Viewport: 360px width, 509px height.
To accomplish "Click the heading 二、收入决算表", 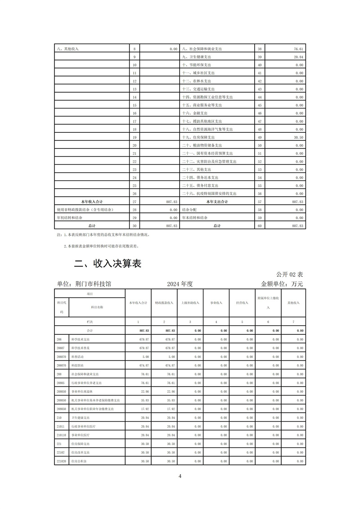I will pyautogui.click(x=108, y=264).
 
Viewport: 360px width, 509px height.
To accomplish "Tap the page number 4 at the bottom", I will pyautogui.click(x=180, y=476).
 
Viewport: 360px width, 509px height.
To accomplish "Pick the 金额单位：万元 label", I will pyautogui.click(x=282, y=284).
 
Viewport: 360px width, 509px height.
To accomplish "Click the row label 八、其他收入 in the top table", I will pyautogui.click(x=68, y=49).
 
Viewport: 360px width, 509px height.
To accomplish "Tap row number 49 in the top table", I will pyautogui.click(x=259, y=137).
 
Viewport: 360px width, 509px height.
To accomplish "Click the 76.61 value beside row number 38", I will pyautogui.click(x=298, y=49).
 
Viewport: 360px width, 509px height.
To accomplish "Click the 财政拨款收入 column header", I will pyautogui.click(x=164, y=303).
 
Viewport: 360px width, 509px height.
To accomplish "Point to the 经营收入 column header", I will pyautogui.click(x=242, y=303).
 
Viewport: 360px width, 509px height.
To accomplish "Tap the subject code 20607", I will pyautogui.click(x=61, y=347).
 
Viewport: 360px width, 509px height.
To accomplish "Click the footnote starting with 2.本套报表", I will pyautogui.click(x=102, y=247).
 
